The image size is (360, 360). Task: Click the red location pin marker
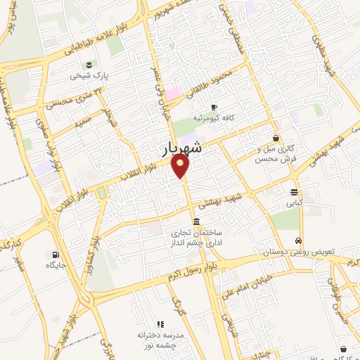pos(181,167)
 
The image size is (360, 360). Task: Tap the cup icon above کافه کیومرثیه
pos(214,107)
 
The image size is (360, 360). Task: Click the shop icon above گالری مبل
pos(275,138)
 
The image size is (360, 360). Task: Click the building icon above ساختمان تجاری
pos(195,221)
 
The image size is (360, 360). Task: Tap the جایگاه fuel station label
pos(56,265)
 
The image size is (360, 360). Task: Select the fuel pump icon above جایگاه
pos(56,255)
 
